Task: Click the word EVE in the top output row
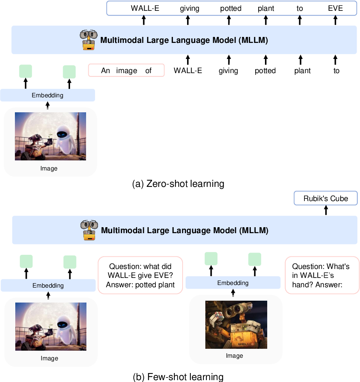point(335,8)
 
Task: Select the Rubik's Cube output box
point(326,198)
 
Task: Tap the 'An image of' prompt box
point(126,70)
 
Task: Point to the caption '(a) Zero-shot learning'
point(178,184)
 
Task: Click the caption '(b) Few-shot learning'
point(178,377)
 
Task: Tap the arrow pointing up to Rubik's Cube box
point(326,210)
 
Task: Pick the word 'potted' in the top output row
point(231,8)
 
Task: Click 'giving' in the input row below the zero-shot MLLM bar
point(228,71)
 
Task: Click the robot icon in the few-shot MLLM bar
point(89,230)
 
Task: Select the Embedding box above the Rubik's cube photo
point(233,283)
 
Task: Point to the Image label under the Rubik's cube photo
point(234,356)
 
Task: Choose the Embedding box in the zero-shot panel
point(47,95)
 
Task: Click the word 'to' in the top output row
point(300,8)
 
